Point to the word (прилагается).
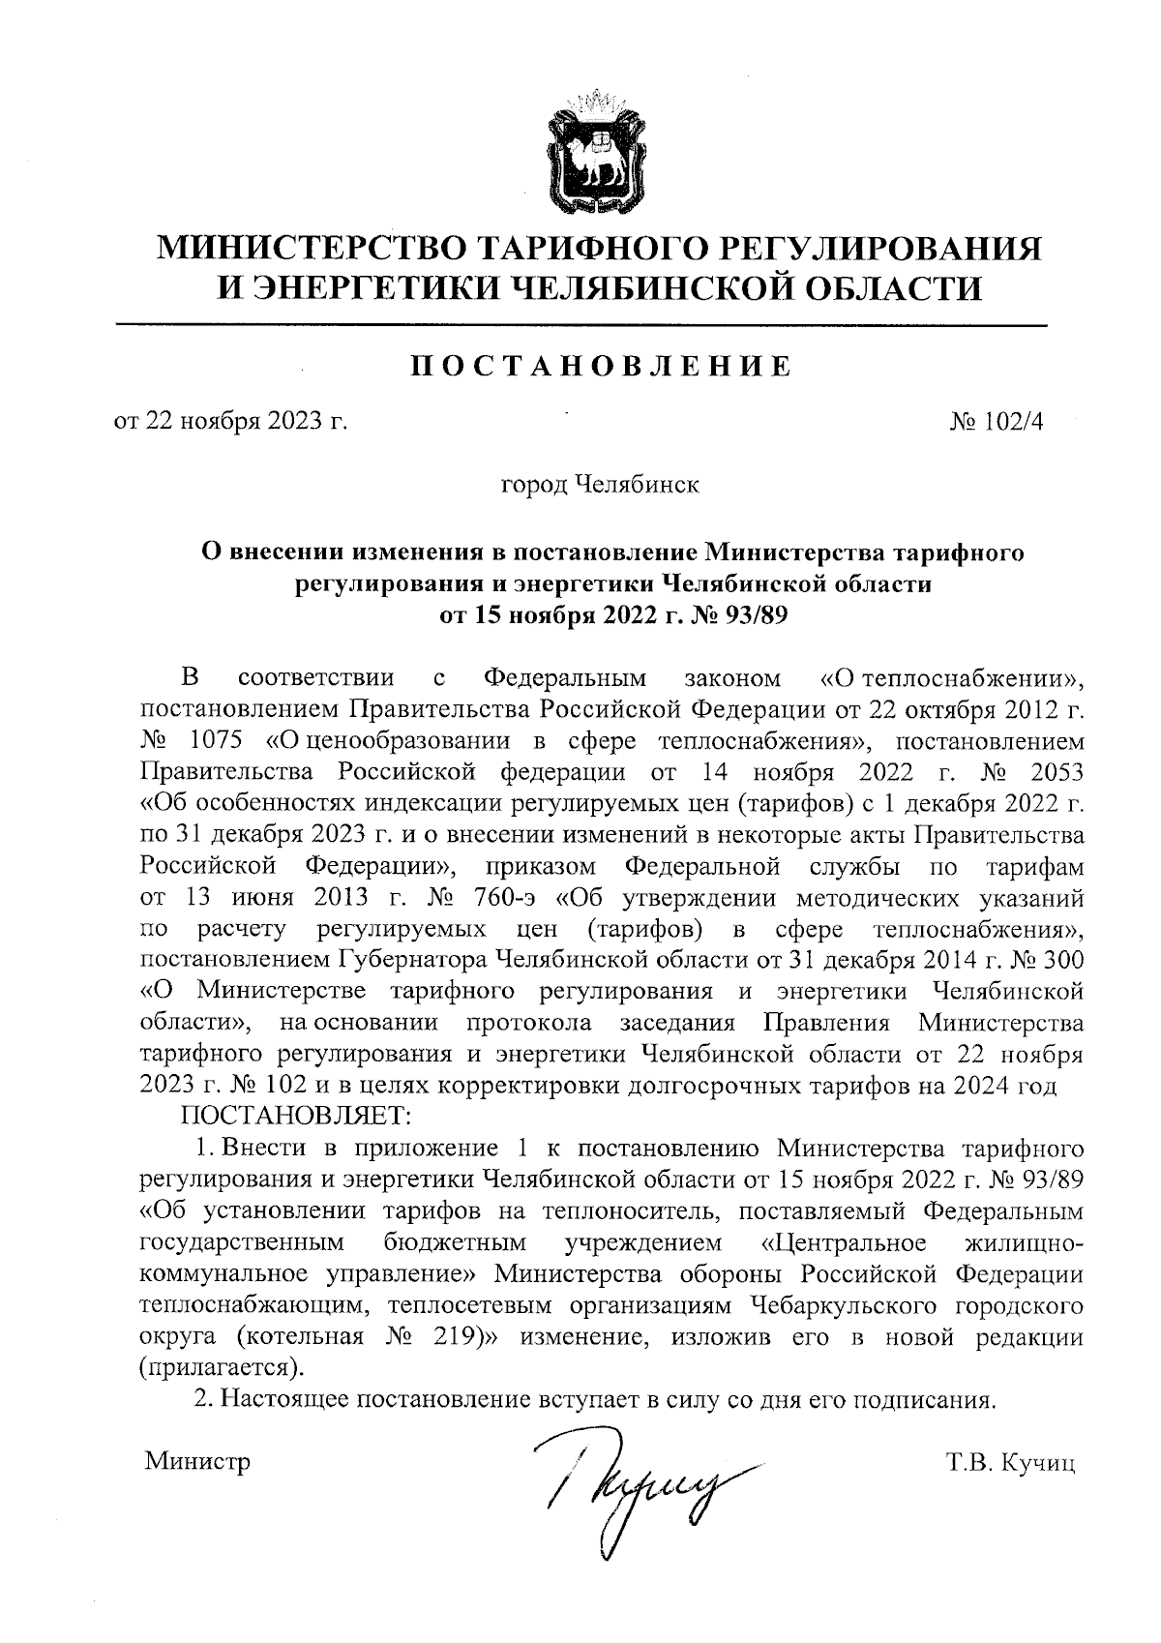[x=220, y=1368]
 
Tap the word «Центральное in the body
[x=838, y=1242]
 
